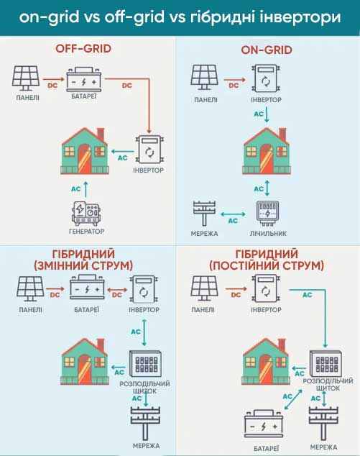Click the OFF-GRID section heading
[x=83, y=49]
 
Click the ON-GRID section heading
[x=267, y=50]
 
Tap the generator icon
[x=86, y=214]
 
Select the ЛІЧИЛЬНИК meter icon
[x=267, y=213]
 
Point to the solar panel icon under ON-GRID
[x=204, y=78]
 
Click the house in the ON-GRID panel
[x=267, y=150]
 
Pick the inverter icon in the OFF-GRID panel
[x=149, y=150]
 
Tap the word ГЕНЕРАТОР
[x=86, y=232]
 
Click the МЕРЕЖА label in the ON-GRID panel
[x=204, y=234]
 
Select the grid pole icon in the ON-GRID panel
[x=205, y=213]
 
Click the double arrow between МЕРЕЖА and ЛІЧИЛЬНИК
[x=233, y=214]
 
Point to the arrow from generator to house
[x=86, y=189]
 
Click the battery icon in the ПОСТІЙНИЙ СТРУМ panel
[x=264, y=424]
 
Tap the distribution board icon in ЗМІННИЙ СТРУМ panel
[x=145, y=364]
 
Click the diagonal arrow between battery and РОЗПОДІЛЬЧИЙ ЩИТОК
[x=293, y=400]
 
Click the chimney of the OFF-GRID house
[x=101, y=134]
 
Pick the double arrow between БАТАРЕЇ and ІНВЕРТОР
[x=117, y=290]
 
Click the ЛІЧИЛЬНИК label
[x=268, y=234]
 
